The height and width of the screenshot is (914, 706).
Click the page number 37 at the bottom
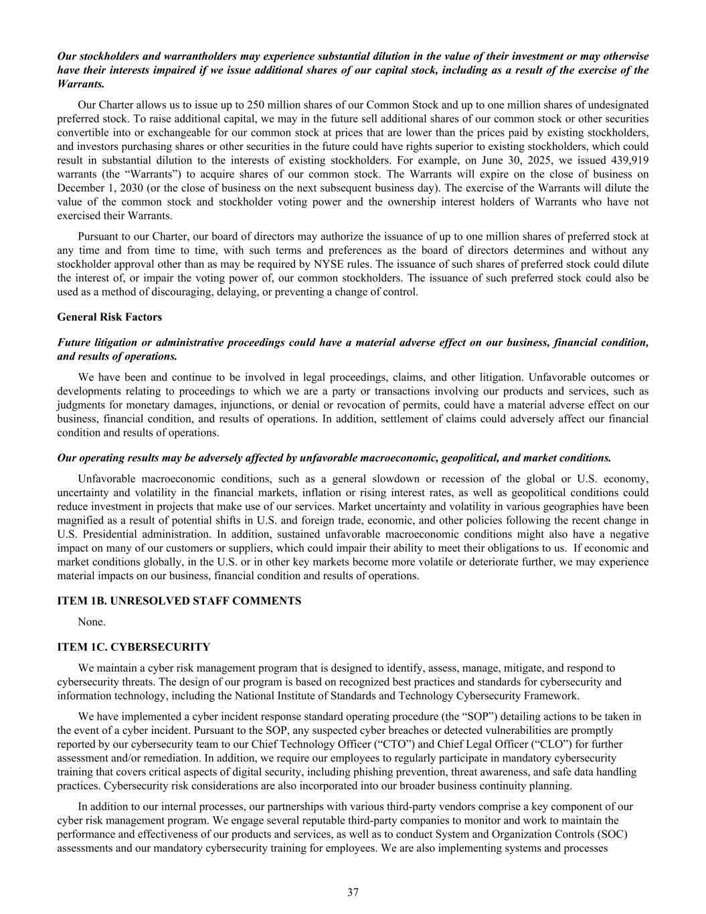(353, 892)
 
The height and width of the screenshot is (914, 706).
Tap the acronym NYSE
(353, 264)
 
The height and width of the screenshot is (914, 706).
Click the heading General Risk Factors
(110, 317)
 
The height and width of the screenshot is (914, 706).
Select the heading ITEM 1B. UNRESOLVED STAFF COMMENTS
(179, 601)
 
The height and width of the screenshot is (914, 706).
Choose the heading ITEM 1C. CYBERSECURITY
(134, 647)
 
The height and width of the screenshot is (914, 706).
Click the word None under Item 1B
(91, 621)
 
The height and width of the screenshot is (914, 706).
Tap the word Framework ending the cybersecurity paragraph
(563, 696)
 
